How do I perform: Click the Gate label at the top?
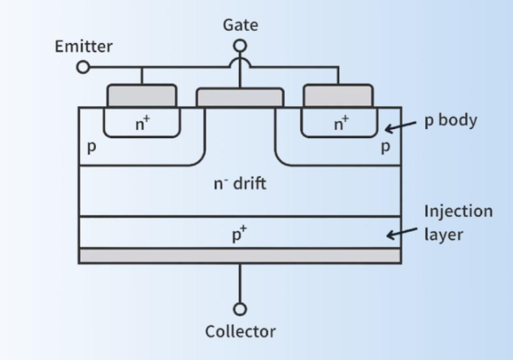click(240, 24)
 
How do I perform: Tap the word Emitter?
click(83, 46)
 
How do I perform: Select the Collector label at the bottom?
click(240, 332)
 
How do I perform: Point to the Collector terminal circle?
click(240, 309)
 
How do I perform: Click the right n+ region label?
click(339, 124)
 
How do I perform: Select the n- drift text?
click(240, 183)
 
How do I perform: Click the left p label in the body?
click(92, 149)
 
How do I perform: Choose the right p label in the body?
click(385, 149)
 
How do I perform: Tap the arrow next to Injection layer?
click(402, 234)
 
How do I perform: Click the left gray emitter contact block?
click(141, 95)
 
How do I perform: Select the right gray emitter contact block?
click(338, 95)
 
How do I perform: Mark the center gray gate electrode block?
click(240, 98)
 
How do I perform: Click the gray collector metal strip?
click(240, 255)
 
